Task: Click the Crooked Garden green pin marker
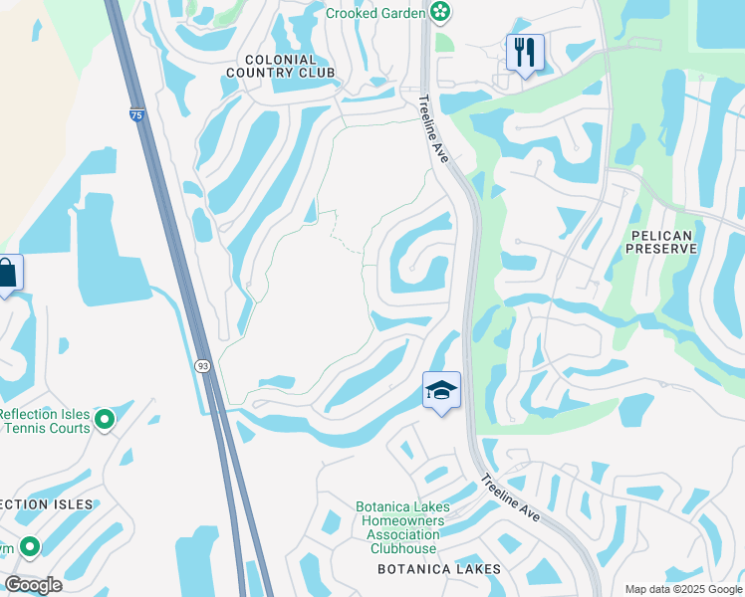pos(440,13)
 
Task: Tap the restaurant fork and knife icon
pos(525,51)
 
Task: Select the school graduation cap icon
pos(441,390)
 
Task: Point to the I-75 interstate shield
pos(136,116)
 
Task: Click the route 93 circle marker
pos(203,366)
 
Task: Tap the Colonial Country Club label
pos(280,65)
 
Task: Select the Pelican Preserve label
pos(662,240)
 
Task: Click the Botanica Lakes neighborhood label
pos(438,569)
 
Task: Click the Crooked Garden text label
pos(376,13)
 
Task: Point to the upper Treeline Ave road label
pos(434,128)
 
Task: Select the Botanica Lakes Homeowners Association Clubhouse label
pos(403,527)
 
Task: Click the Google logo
pos(33,585)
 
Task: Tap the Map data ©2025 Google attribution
pos(683,589)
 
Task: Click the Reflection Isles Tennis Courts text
pos(46,421)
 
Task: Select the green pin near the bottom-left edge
pos(29,546)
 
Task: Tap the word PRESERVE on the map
pos(662,248)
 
